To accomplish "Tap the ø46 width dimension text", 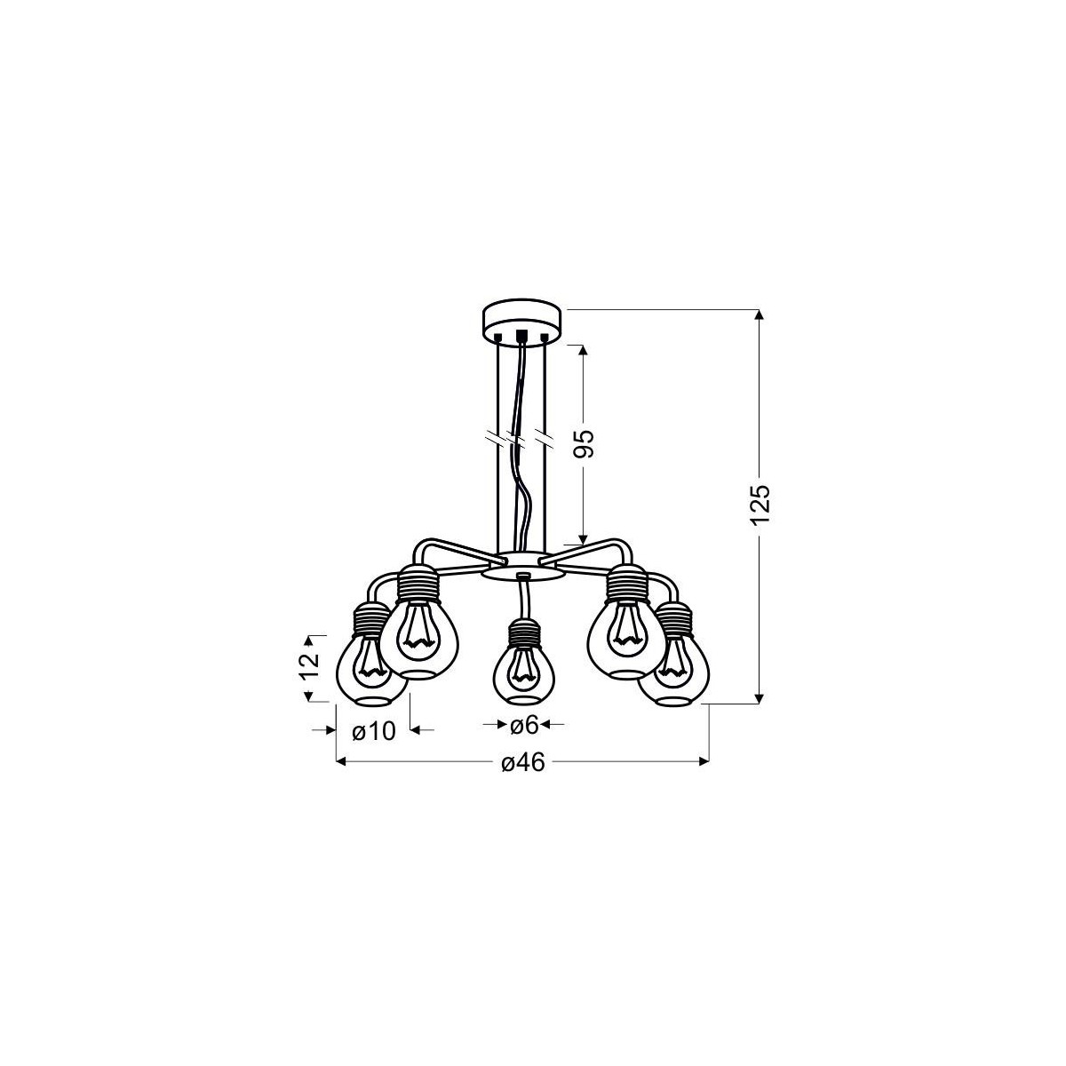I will (x=522, y=763).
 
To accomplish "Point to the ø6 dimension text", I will (x=525, y=726).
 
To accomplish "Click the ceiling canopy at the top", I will (x=521, y=323).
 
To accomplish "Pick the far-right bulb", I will (x=682, y=671).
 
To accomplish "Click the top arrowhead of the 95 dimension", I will (x=583, y=349).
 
